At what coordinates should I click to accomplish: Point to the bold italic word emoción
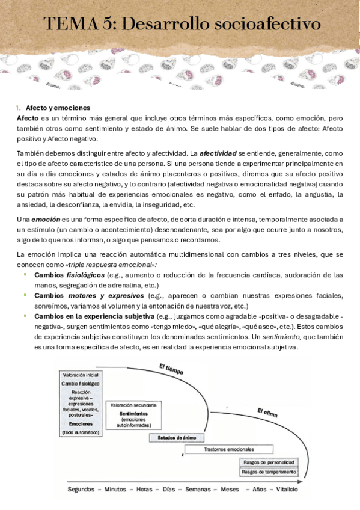(45, 221)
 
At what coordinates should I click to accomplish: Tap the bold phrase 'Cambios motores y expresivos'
(88, 295)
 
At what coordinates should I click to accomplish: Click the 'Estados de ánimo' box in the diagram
(177, 437)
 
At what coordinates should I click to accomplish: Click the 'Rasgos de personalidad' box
(269, 462)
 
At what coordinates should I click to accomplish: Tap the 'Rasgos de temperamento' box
(269, 472)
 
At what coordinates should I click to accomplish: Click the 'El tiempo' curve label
(172, 368)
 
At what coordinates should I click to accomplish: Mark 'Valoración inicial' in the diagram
(81, 375)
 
